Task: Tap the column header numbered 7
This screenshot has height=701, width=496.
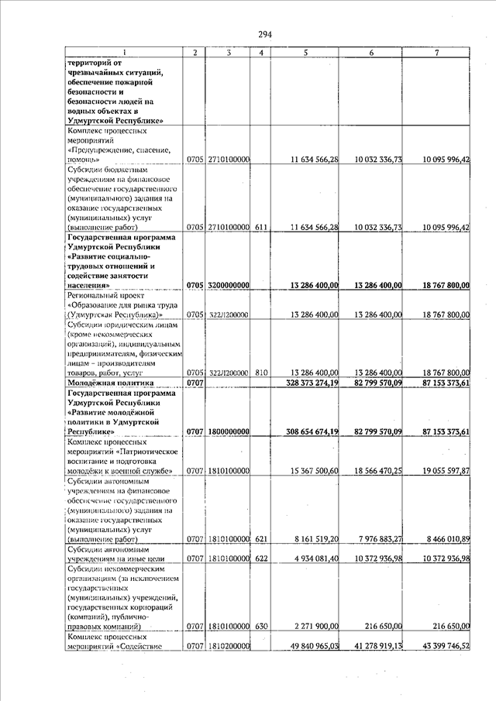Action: [x=437, y=52]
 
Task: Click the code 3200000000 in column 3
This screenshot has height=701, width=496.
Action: [x=228, y=285]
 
